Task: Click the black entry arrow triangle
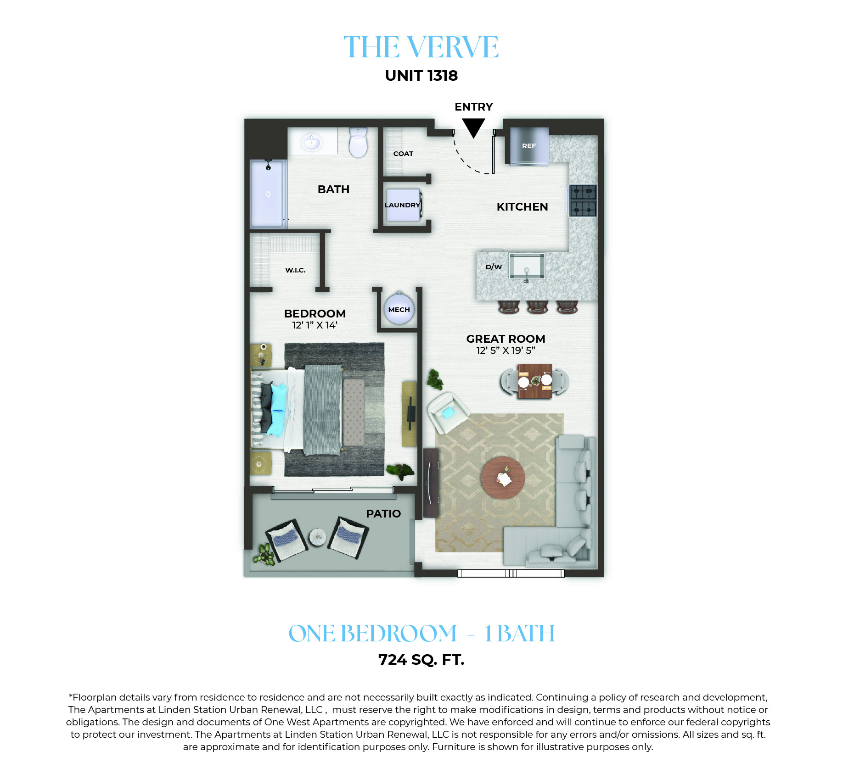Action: (473, 127)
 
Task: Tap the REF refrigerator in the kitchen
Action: (529, 146)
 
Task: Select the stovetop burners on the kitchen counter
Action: (583, 200)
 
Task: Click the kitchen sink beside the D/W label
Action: (527, 266)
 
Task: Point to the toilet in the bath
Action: (358, 143)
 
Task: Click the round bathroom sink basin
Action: (312, 142)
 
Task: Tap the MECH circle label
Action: (399, 310)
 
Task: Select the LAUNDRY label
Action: (402, 205)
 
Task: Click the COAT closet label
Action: (403, 154)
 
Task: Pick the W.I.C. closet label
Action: (295, 270)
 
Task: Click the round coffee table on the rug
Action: (503, 478)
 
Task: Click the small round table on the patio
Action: (318, 537)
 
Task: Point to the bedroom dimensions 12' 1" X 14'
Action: (315, 325)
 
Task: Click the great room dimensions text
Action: (506, 351)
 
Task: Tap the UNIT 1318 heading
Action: (421, 76)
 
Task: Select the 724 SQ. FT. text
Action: (421, 660)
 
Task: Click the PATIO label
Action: (383, 514)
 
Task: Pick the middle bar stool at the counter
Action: (537, 307)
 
